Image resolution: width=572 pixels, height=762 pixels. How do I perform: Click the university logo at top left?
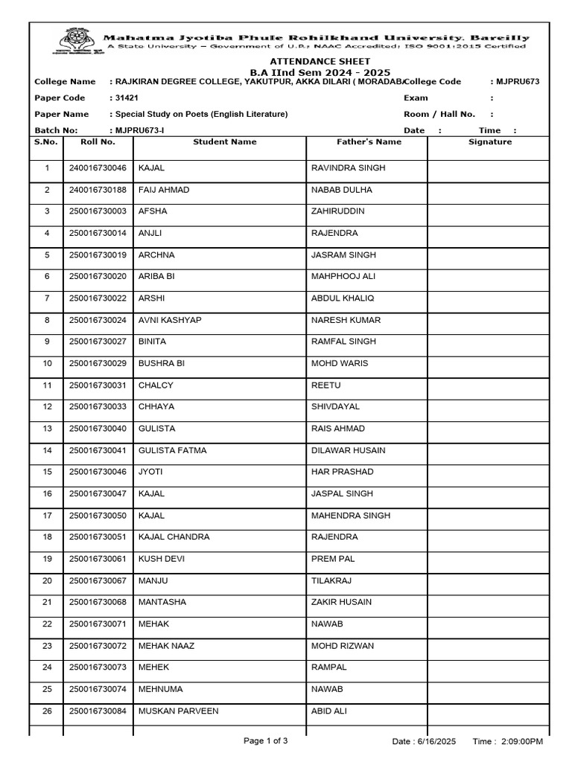pos(73,42)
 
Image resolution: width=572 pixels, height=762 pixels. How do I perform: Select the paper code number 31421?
pos(124,98)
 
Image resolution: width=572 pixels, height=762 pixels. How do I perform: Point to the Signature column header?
pos(490,141)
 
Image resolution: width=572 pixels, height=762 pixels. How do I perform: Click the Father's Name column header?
pos(369,141)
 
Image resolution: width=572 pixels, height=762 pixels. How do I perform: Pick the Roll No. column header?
pos(98,141)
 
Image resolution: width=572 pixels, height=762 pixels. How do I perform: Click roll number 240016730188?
pos(98,190)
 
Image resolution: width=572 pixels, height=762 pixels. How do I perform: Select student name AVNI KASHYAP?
pos(170,320)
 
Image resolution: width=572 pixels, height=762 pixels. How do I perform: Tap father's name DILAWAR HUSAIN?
pos(348,450)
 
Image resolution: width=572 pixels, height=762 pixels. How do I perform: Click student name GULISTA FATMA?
pos(173,450)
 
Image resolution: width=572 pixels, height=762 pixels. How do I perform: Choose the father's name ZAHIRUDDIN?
pos(338,211)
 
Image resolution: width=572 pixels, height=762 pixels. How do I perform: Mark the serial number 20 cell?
pos(47,580)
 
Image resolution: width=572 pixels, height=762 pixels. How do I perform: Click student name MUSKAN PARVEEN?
pos(179,711)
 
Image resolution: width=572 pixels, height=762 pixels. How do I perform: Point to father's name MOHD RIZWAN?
pos(343,646)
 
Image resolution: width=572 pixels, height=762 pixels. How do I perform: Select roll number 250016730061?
pos(98,559)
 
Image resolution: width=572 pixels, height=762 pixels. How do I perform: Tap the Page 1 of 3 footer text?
pos(266,741)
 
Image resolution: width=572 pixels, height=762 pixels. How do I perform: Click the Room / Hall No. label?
pos(439,115)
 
